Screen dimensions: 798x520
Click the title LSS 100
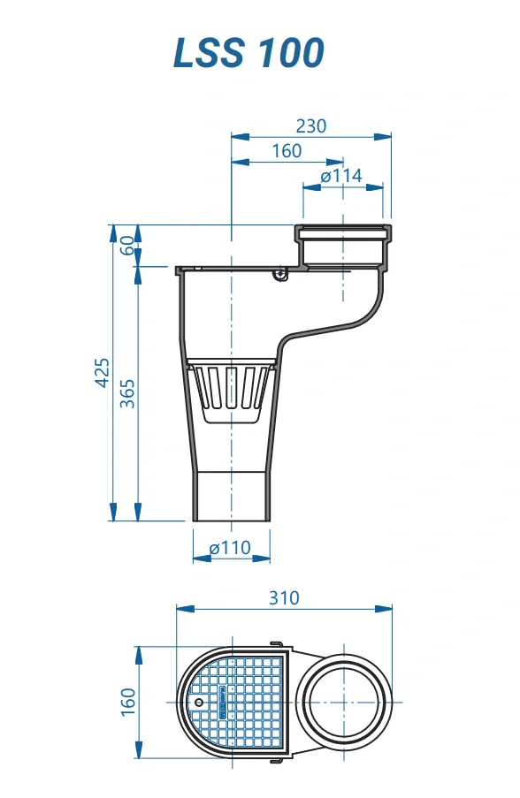249,53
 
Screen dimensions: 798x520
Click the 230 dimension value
310,125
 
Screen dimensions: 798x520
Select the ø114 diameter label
341,176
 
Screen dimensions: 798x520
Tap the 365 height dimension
127,392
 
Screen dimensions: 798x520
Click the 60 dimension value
127,246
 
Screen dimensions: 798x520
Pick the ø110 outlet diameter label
230,548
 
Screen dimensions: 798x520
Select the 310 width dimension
284,598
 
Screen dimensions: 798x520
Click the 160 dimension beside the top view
127,701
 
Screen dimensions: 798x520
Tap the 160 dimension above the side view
287,151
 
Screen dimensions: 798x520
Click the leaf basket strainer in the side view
230,389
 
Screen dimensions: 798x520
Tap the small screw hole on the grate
199,703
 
